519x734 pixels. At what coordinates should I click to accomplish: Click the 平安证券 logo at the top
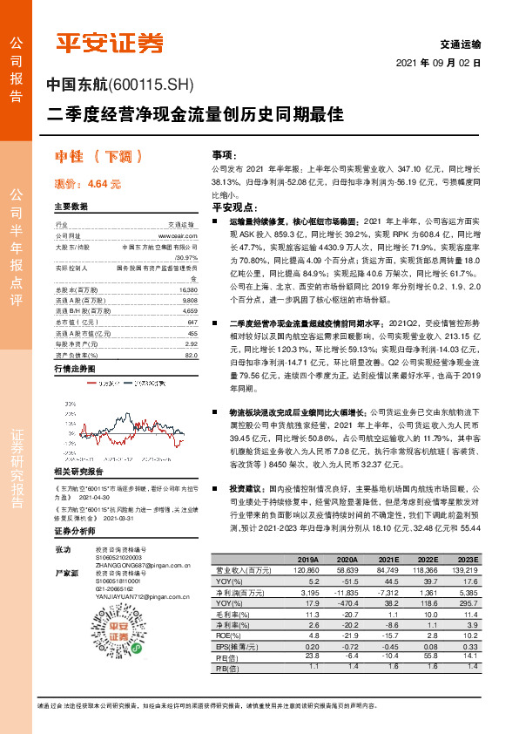pyautogui.click(x=109, y=41)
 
